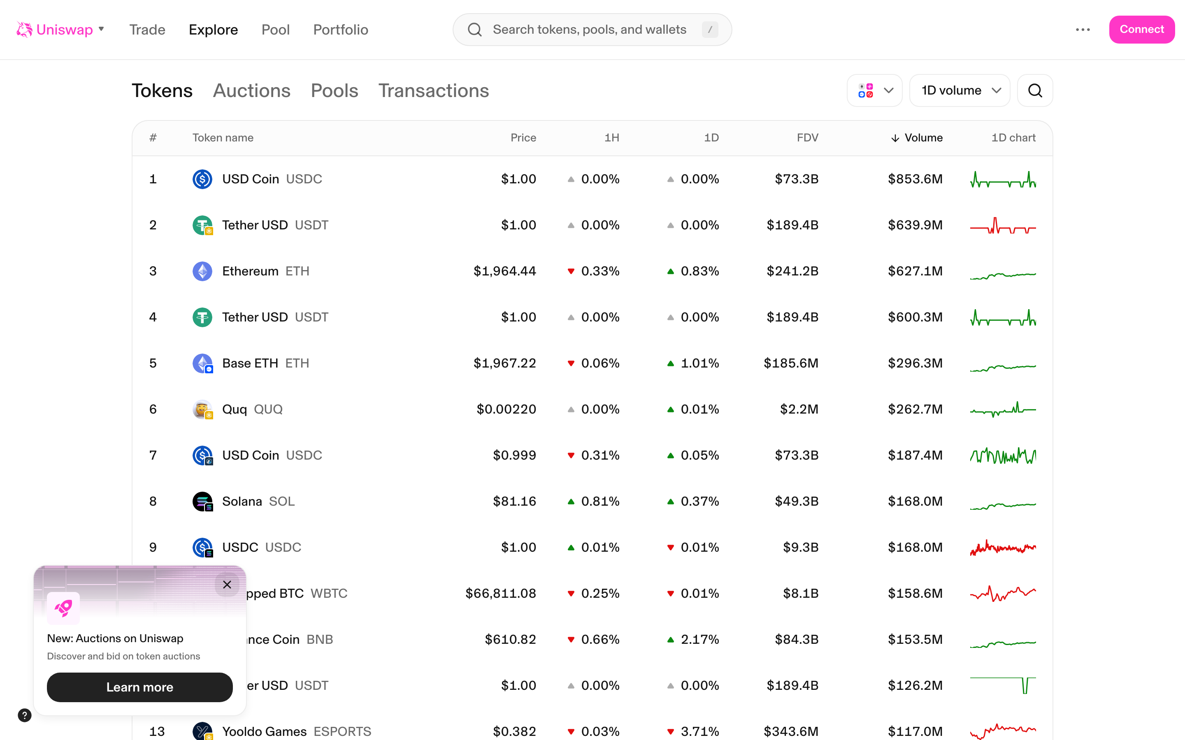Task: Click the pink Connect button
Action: [1141, 29]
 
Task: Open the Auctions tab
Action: [252, 90]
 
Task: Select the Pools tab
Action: [335, 90]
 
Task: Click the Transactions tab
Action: [433, 90]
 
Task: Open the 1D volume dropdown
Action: [959, 90]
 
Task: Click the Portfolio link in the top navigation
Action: [340, 30]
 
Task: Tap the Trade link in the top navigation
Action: [147, 30]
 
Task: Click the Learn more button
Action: [139, 687]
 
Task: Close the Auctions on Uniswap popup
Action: [227, 584]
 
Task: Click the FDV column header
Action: [807, 138]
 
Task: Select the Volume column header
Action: [922, 138]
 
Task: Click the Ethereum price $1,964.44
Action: [504, 271]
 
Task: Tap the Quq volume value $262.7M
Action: [915, 409]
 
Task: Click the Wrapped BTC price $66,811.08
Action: [500, 593]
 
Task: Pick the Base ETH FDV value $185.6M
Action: [791, 363]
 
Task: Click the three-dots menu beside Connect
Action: [1083, 30]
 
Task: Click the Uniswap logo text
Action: [64, 30]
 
